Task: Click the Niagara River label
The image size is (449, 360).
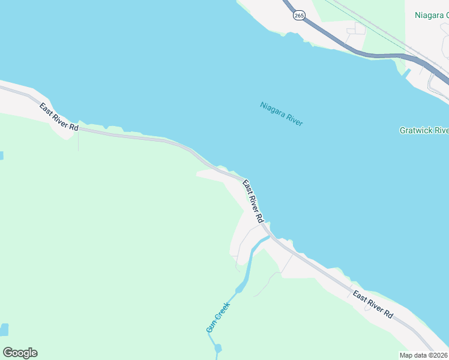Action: point(282,113)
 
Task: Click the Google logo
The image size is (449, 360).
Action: point(20,353)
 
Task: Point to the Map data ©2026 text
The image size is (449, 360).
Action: point(423,355)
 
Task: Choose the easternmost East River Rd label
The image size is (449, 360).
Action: point(373,304)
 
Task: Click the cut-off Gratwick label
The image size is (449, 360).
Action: point(424,130)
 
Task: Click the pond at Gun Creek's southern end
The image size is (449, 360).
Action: point(217,347)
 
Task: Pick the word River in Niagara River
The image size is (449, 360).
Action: point(293,118)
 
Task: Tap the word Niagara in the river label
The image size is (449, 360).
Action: point(271,109)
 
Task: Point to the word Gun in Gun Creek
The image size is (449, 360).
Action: point(210,328)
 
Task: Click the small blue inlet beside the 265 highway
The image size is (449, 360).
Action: point(405,74)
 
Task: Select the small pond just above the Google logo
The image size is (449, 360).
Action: point(5,329)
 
